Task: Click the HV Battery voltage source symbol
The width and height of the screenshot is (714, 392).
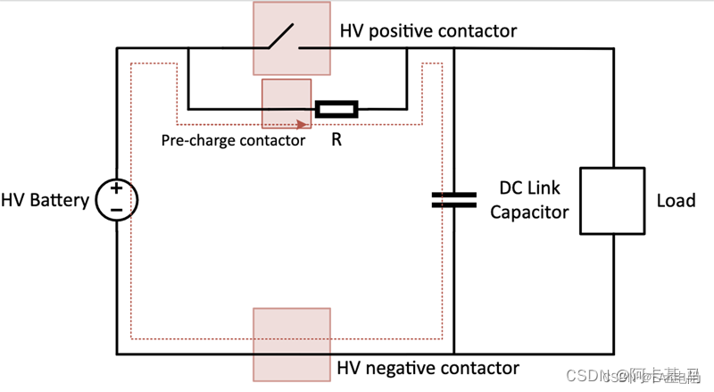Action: [x=116, y=199]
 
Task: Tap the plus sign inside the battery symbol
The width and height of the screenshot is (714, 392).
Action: [x=116, y=189]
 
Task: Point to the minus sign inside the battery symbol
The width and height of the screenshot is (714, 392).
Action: [x=116, y=210]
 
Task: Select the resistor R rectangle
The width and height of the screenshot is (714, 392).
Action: [x=336, y=110]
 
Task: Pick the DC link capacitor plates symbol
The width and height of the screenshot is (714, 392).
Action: [x=453, y=199]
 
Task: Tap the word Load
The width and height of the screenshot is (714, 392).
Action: [x=676, y=200]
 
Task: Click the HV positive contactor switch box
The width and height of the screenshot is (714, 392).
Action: [x=291, y=38]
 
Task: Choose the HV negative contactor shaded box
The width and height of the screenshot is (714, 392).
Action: [x=291, y=345]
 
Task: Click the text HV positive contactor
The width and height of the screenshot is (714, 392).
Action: [x=428, y=31]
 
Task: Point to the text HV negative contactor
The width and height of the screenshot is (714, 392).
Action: [x=428, y=368]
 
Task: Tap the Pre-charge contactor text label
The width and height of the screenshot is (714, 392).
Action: [x=233, y=140]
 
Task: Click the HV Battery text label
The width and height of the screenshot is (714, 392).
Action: [x=46, y=199]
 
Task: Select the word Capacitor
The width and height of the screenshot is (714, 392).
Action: [x=529, y=213]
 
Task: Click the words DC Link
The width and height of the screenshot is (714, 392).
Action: [x=530, y=189]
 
